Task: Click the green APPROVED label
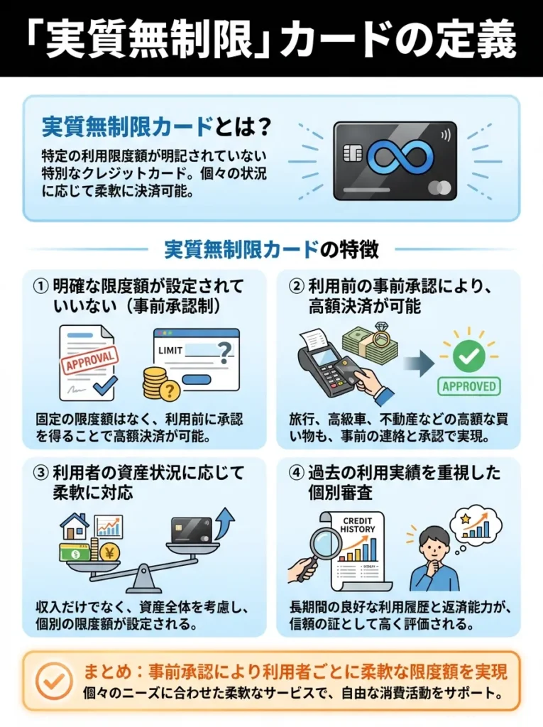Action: [468, 386]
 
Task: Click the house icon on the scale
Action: [75, 528]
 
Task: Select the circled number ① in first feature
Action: [42, 286]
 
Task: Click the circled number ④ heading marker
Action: [297, 472]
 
